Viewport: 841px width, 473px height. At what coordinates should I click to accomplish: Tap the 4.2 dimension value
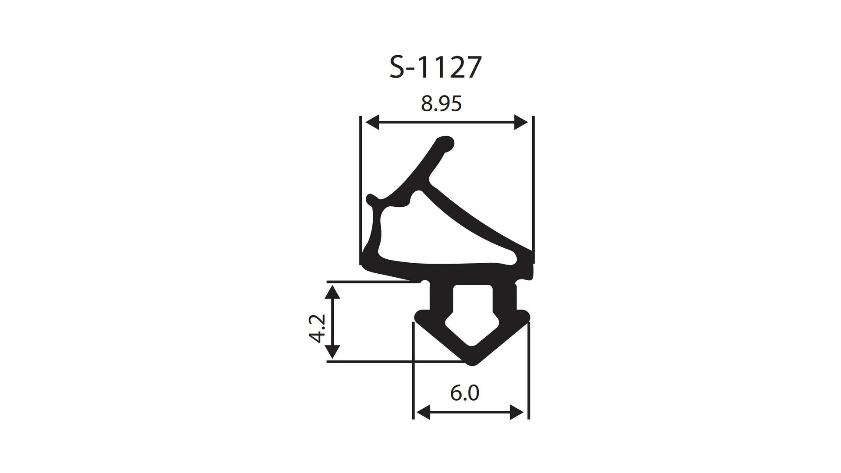point(317,328)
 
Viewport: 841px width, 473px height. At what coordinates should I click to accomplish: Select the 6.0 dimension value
point(464,393)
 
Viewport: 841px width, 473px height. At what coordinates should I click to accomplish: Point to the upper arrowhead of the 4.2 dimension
point(333,291)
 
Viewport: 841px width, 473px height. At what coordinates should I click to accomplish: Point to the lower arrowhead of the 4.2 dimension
point(333,351)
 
